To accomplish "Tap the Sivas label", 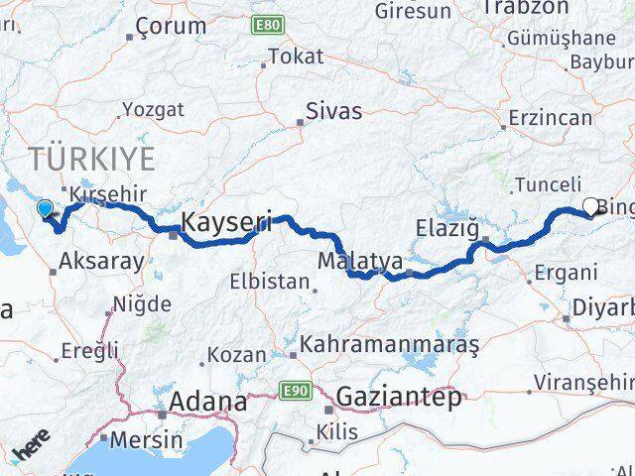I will (x=334, y=110).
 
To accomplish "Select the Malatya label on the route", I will (x=360, y=262).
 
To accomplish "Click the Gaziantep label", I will (x=399, y=398).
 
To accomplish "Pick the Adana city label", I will (x=208, y=402).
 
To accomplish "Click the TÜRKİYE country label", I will (x=92, y=158).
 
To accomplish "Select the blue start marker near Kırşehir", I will (x=44, y=208).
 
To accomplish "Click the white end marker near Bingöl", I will (x=591, y=207).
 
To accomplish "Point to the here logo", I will (x=32, y=448).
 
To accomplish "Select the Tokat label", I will (x=296, y=57).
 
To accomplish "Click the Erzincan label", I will (x=549, y=118).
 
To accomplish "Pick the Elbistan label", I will (x=270, y=281).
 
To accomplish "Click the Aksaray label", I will (x=102, y=262).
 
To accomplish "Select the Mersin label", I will (x=147, y=439).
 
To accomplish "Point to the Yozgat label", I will (x=151, y=109).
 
